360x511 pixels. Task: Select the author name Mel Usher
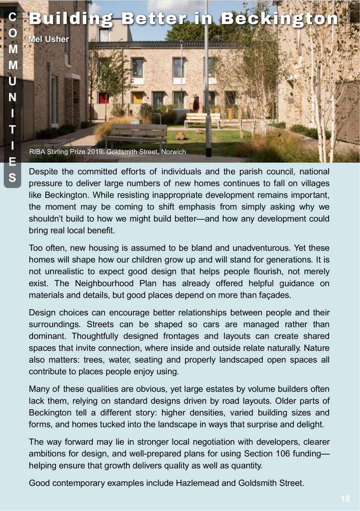point(48,40)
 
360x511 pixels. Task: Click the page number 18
point(345,499)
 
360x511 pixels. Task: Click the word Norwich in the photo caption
point(173,152)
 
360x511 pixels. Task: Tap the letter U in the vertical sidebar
point(13,82)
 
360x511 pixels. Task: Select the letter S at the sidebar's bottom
point(13,178)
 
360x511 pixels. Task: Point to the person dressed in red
point(196,102)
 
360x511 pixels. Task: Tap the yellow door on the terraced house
point(138,98)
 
